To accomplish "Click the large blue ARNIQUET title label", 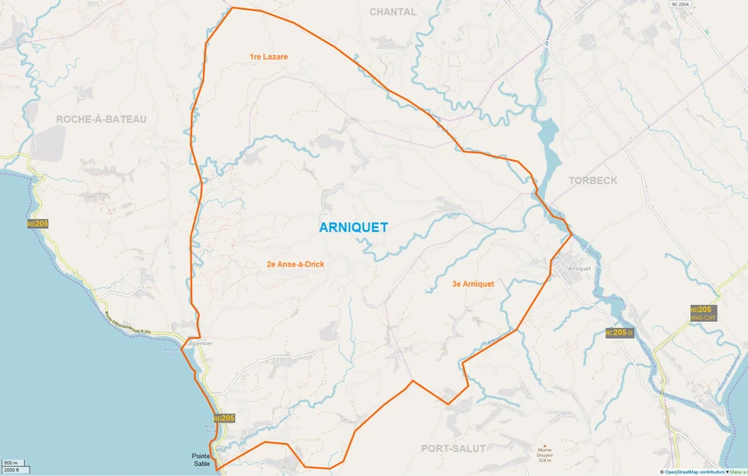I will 354,227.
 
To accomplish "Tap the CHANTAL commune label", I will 394,12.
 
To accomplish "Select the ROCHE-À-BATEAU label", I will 101,119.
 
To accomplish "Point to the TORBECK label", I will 593,180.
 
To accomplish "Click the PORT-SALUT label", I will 454,448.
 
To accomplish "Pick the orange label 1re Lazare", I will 269,56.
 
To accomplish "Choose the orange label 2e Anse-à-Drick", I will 296,265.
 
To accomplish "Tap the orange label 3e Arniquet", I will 473,284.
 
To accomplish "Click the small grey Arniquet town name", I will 579,268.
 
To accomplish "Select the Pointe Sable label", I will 201,460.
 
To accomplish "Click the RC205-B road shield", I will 619,333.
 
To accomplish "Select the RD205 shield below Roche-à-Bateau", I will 37,224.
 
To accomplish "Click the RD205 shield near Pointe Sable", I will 224,418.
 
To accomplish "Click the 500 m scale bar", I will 12,464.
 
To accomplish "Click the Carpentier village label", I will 198,342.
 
